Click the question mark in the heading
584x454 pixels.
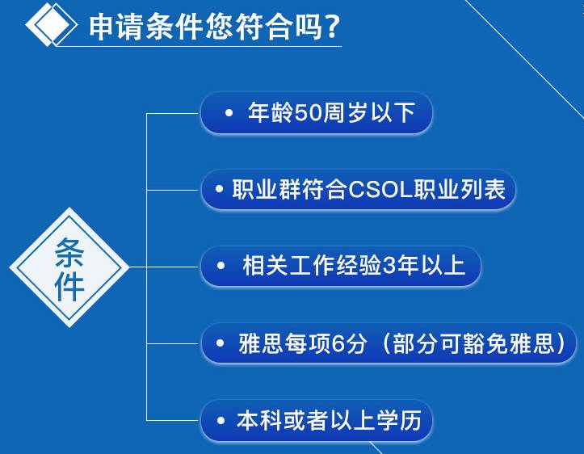tap(330, 26)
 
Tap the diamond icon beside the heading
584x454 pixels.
tap(51, 24)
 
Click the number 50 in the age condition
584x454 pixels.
tap(308, 112)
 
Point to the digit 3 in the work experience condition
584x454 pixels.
tap(389, 266)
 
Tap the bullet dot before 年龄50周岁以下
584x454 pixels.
tap(229, 112)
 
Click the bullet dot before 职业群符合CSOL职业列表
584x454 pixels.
tap(219, 189)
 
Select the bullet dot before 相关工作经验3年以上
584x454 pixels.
tap(221, 266)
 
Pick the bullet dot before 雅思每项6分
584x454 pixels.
tap(220, 343)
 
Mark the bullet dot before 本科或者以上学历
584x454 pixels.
tap(221, 421)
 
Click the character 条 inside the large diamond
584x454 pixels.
tap(69, 253)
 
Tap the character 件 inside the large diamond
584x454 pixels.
tap(69, 286)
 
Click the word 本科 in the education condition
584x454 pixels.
tap(259, 421)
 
